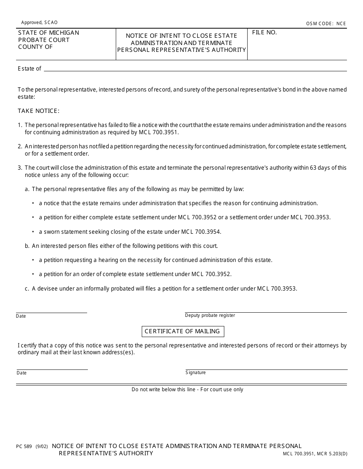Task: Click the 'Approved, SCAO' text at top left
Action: click(x=39, y=22)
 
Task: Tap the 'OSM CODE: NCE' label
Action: click(x=326, y=24)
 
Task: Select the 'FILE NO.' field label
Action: click(x=264, y=33)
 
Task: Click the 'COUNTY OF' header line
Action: click(x=36, y=47)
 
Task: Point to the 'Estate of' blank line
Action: click(x=195, y=69)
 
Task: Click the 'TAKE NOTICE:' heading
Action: click(x=39, y=111)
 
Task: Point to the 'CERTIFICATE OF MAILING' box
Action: click(x=183, y=331)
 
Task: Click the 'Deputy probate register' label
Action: click(x=210, y=315)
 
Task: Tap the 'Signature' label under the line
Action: click(x=196, y=373)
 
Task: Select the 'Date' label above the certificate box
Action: click(x=21, y=316)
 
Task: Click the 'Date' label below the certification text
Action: click(x=22, y=373)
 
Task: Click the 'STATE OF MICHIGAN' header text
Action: click(x=49, y=33)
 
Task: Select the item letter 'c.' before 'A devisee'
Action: click(x=27, y=289)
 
